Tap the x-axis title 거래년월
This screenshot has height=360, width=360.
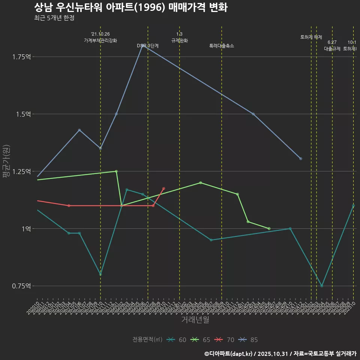coord(195,320)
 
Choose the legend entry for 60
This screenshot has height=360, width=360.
coord(177,340)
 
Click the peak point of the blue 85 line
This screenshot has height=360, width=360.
coord(142,45)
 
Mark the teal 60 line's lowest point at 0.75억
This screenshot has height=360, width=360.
coord(322,286)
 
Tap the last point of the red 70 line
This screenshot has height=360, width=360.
coord(163,189)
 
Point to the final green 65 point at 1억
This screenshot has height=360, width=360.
coord(269,228)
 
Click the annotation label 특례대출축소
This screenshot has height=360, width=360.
coord(221,46)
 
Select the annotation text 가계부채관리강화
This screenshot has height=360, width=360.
coord(100,40)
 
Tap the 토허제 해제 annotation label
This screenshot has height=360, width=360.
coord(311,37)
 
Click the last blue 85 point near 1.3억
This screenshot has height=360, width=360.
coord(301,159)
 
